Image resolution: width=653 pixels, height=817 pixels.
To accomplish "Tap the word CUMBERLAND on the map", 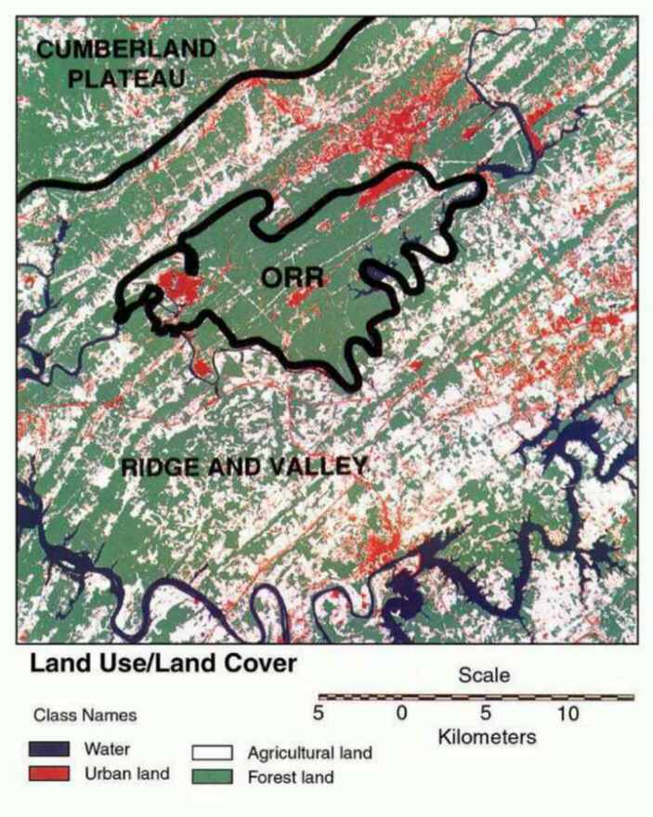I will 126,48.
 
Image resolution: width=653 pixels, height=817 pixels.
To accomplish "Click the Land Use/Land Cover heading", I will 163,664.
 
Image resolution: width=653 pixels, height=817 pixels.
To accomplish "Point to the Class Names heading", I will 85,716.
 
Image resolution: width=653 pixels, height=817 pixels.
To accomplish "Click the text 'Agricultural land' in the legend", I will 309,753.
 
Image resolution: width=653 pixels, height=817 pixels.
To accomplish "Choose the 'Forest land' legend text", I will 290,777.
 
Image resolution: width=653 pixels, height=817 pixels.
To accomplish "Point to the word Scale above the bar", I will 484,676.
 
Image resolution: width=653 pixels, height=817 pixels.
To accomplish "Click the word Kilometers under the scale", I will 487,738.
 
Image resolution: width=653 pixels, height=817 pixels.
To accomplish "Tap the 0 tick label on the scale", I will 401,714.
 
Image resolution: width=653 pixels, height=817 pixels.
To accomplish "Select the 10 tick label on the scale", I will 568,714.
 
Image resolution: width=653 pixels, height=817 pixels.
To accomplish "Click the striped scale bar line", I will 476,696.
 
